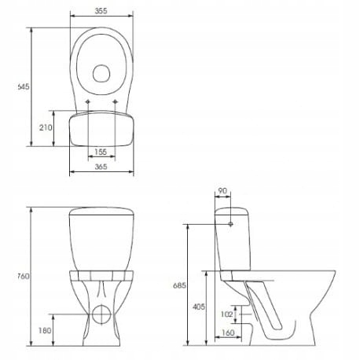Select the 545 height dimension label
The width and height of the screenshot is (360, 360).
(x=24, y=87)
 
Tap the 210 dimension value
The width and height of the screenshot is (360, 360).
(x=46, y=127)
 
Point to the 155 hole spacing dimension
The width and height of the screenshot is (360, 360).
(x=101, y=151)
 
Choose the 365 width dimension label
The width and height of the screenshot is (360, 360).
(x=100, y=166)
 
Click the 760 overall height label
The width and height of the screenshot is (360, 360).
(x=23, y=276)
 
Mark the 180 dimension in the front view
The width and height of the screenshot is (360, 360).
(x=46, y=330)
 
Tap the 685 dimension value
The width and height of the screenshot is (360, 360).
(x=179, y=286)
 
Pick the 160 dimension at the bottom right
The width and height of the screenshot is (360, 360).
(x=227, y=333)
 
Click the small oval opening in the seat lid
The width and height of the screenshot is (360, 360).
(x=100, y=73)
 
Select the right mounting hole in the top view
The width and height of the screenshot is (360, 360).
(x=115, y=102)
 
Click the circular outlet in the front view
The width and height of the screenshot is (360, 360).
(x=100, y=316)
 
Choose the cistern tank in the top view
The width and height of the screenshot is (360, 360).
(x=100, y=129)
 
